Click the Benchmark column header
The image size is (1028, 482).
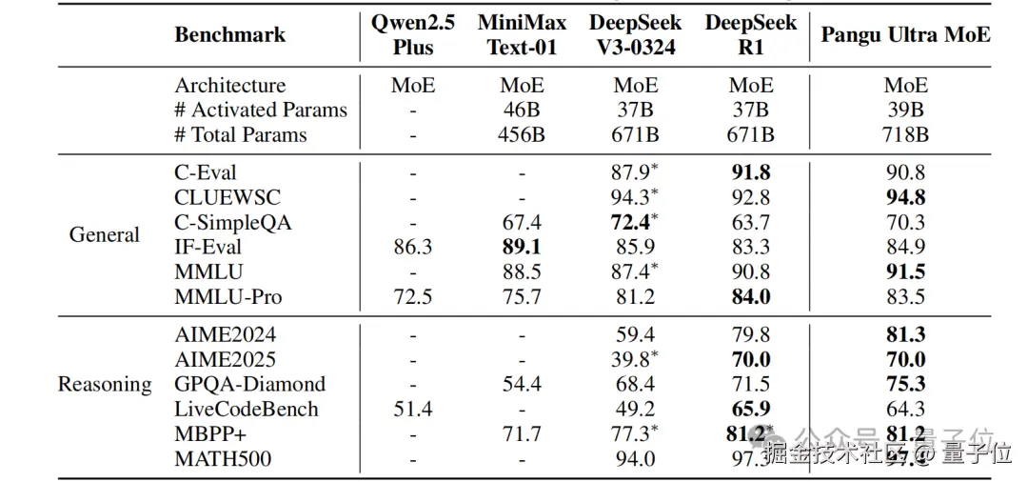229,34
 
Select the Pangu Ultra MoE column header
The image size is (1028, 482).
905,34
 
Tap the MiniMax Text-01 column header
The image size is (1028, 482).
522,34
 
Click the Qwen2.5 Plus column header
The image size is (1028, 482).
412,34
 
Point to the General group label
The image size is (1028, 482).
105,234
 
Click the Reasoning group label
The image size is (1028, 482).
105,384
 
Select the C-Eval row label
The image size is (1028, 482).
206,172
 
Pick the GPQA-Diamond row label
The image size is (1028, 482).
249,384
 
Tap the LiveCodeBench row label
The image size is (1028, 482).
246,409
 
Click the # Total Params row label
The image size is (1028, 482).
240,134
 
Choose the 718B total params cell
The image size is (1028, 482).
905,134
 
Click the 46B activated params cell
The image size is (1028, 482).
522,110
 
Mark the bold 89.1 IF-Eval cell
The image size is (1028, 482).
522,247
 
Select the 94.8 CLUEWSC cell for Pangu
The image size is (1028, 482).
905,197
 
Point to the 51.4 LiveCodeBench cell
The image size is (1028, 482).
412,409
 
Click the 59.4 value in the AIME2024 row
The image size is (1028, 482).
635,334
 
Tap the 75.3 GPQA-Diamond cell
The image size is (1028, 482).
905,384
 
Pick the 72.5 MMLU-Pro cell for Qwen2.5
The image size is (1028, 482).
412,296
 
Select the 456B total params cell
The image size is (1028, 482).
522,134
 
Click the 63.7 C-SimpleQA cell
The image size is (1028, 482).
751,222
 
